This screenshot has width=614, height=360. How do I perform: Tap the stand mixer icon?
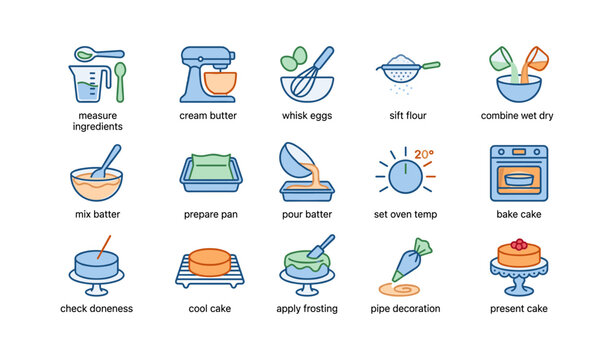208,74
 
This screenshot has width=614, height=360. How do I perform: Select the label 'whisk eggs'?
306,116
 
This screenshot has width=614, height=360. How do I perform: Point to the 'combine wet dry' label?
518,116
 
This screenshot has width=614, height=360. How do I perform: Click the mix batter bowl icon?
96,180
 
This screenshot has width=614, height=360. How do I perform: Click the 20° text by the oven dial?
424,154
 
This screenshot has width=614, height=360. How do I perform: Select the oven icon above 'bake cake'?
518,173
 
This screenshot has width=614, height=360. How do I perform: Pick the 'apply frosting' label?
306,309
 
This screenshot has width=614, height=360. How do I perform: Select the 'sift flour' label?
405,116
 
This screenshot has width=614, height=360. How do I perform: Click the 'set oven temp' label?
405,214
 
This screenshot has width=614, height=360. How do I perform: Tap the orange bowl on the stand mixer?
219,82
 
